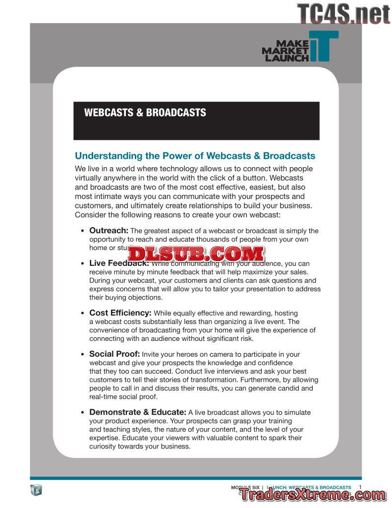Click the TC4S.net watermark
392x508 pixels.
coord(343,13)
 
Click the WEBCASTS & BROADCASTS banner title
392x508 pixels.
coord(145,113)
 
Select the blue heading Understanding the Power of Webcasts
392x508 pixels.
coord(195,156)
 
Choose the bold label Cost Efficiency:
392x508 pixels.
coord(120,313)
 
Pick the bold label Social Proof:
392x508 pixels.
coord(114,354)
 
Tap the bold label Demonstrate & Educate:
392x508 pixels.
coord(138,412)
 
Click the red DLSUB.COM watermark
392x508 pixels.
coord(196,254)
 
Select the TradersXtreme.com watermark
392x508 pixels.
coord(313,495)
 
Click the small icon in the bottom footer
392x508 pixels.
coord(36,490)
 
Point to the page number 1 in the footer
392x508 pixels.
coord(360,487)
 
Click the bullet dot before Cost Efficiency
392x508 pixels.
coord(82,314)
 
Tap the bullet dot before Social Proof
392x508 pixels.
coord(82,355)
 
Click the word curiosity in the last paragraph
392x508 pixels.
coord(104,446)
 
